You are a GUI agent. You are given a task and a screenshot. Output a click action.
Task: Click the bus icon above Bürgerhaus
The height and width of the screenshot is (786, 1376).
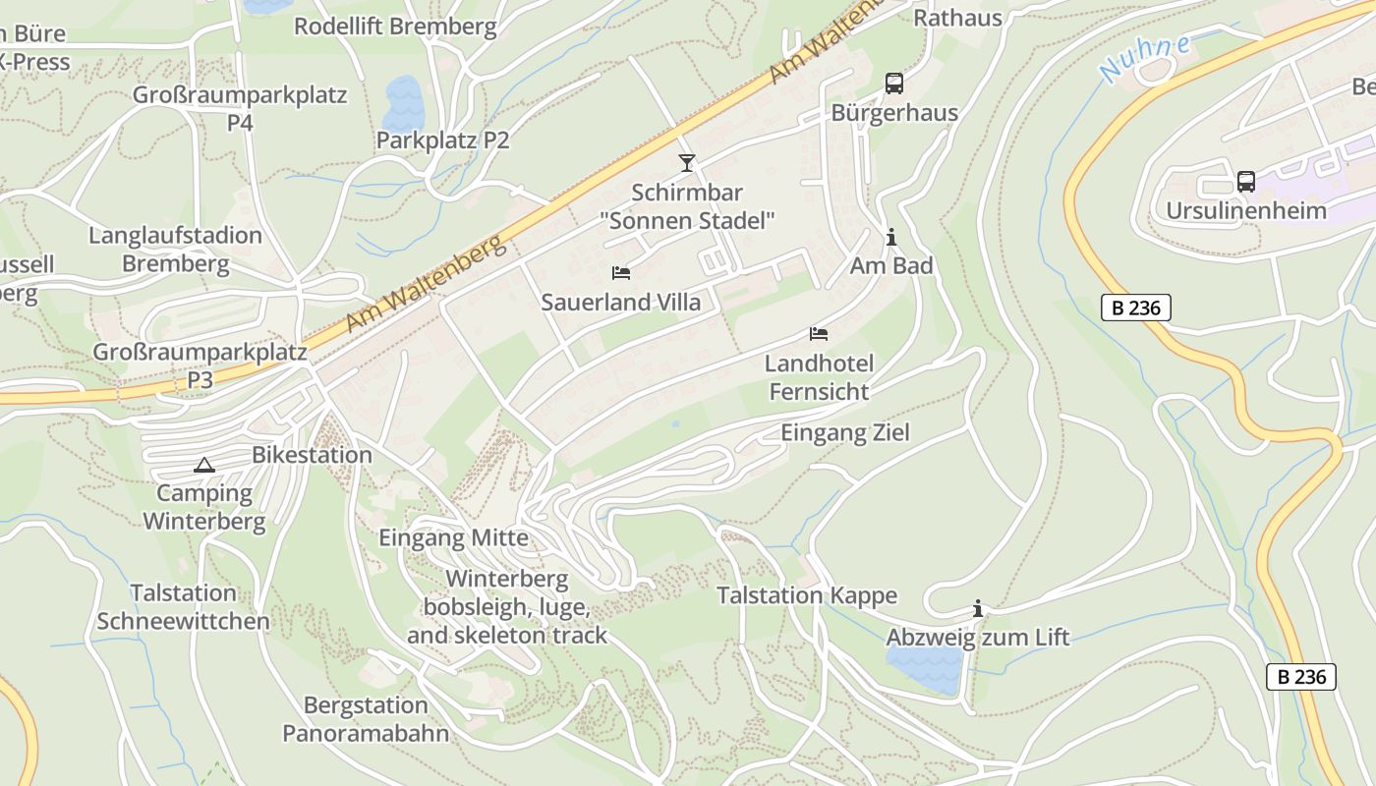(x=893, y=84)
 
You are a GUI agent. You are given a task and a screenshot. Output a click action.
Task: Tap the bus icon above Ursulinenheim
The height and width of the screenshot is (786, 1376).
(x=1245, y=182)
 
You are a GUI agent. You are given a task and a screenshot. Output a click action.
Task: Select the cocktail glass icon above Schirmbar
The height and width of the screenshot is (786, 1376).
(x=686, y=163)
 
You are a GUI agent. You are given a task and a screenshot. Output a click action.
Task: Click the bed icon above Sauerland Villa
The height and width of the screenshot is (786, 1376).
(x=620, y=273)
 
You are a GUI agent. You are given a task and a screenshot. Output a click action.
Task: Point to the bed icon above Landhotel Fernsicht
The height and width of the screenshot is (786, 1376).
(x=818, y=334)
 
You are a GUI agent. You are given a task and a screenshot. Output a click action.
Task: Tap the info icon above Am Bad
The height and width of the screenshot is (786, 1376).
(x=890, y=237)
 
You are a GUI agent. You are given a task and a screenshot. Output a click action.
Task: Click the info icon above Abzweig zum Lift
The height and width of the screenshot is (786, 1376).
(x=977, y=609)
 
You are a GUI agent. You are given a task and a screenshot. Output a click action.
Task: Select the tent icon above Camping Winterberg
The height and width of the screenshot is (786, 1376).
(x=203, y=465)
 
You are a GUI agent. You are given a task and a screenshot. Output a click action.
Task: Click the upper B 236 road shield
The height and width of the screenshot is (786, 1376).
(x=1135, y=308)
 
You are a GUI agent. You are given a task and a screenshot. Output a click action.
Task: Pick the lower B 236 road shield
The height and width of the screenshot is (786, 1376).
(x=1300, y=676)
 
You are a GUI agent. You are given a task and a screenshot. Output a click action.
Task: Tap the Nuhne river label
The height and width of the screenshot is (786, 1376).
(x=1145, y=59)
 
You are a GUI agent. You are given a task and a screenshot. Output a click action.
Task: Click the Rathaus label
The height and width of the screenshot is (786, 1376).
(x=957, y=18)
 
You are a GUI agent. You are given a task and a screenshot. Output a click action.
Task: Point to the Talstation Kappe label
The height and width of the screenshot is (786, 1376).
(x=806, y=595)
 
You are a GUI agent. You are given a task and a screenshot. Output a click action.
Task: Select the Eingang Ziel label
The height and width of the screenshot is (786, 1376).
(x=844, y=432)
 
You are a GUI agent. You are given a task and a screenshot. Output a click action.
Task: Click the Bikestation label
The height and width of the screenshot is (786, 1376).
(x=312, y=455)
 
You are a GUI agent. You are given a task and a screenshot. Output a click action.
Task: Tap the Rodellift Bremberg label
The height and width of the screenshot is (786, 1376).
(x=395, y=27)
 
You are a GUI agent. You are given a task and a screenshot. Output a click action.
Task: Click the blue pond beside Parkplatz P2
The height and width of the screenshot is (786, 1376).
(x=404, y=102)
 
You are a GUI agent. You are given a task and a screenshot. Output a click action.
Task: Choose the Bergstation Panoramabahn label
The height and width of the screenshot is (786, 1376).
(x=366, y=719)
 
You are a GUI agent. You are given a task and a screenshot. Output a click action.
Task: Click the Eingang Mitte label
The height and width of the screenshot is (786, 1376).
(x=453, y=537)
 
